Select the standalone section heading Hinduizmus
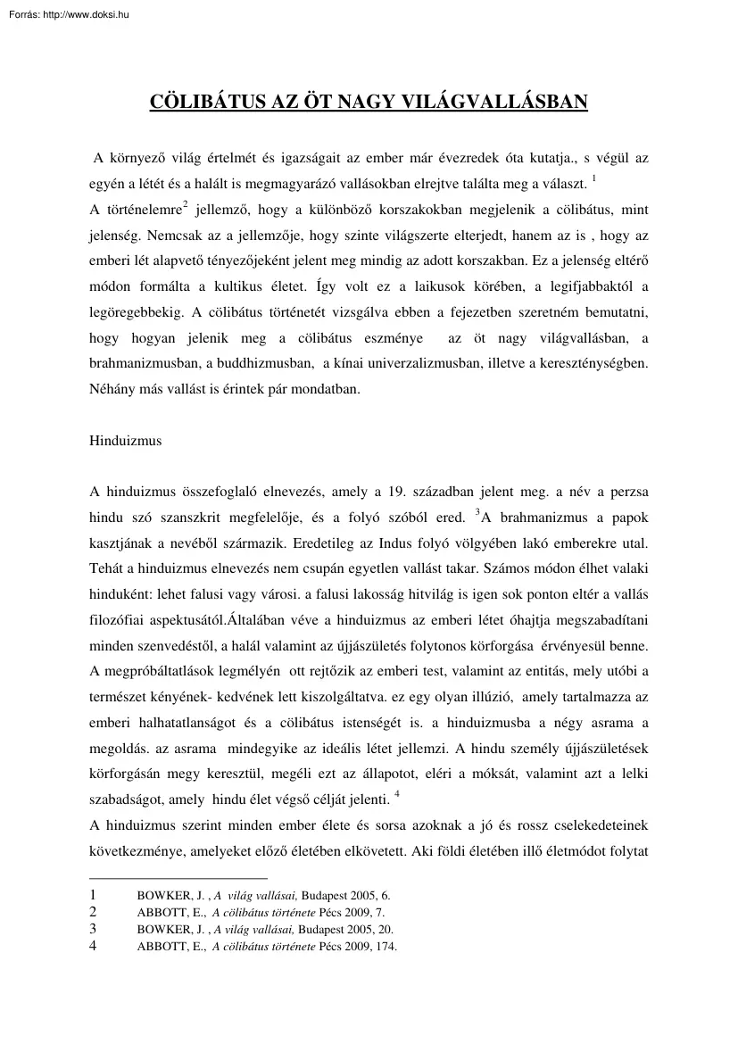click(126, 441)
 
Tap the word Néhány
click(113, 389)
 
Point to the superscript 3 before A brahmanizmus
click(478, 513)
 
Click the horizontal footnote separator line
click(178, 879)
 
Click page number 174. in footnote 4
click(385, 947)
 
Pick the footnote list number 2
click(94, 912)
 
